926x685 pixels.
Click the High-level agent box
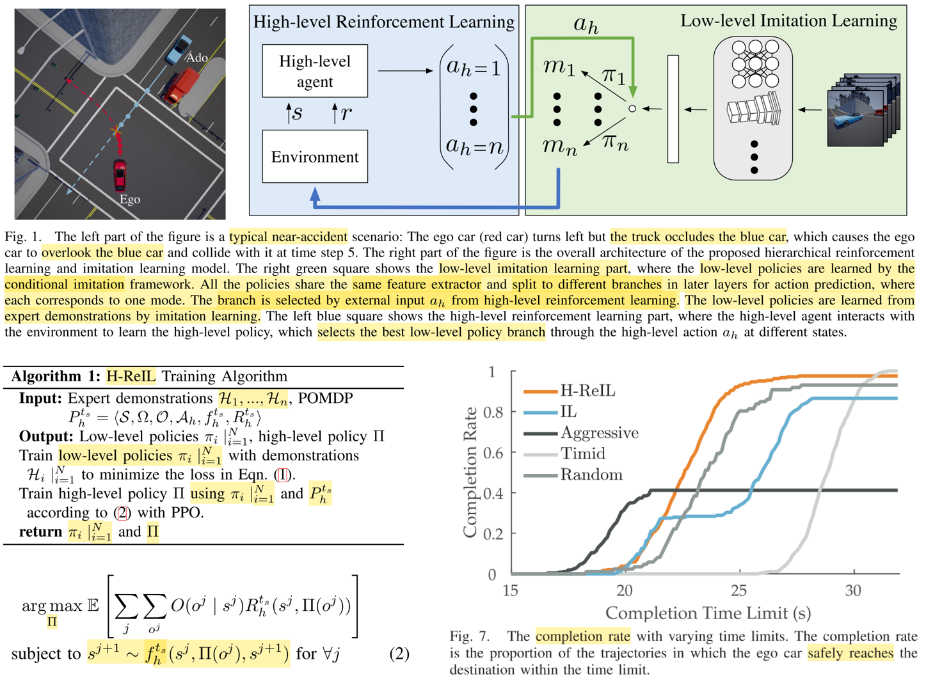tap(314, 71)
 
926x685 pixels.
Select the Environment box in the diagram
tap(314, 157)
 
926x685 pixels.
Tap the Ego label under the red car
tap(129, 200)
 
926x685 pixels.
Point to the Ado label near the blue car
tap(196, 58)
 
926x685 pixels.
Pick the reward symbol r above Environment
tap(346, 114)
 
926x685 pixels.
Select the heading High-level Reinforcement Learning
tap(383, 22)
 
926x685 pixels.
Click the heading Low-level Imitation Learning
tap(788, 21)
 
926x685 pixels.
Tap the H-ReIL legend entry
tap(587, 391)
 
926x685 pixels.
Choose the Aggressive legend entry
tap(599, 433)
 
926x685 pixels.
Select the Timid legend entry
tap(582, 454)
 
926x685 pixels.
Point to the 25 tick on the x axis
tap(738, 590)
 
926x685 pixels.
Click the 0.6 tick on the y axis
tap(492, 453)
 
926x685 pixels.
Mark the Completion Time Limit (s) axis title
tap(708, 613)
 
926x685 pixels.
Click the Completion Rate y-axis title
tap(470, 472)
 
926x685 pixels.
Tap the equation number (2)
tap(399, 654)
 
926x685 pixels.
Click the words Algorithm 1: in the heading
tap(56, 376)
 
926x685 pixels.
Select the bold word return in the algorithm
tap(40, 532)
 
